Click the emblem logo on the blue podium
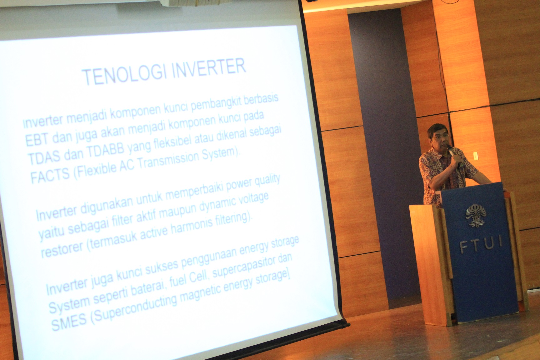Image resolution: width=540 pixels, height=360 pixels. pos(475,216)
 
